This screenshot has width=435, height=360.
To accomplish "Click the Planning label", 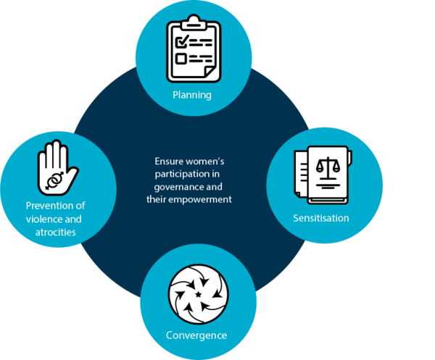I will pos(191,95).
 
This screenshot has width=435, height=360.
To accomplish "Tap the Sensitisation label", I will pos(320,217).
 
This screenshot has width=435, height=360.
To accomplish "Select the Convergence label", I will pos(196,335).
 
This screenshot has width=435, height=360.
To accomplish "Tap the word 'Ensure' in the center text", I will pos(170,162).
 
